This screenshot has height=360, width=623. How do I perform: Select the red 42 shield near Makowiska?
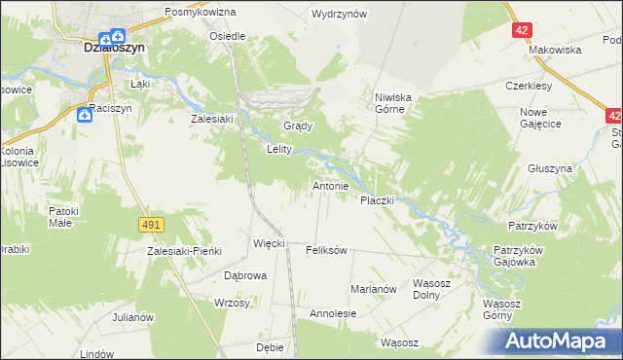pyautogui.click(x=523, y=30)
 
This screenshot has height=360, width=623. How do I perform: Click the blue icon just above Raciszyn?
pyautogui.click(x=85, y=116)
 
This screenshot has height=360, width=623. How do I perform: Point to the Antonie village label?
pyautogui.click(x=330, y=185)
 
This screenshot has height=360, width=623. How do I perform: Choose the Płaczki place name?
pyautogui.click(x=377, y=199)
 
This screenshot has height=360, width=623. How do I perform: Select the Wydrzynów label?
pyautogui.click(x=339, y=15)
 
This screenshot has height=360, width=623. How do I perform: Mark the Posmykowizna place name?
pyautogui.click(x=201, y=12)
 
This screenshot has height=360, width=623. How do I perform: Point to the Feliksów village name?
pyautogui.click(x=326, y=250)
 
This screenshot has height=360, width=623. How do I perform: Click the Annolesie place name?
pyautogui.click(x=333, y=314)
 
